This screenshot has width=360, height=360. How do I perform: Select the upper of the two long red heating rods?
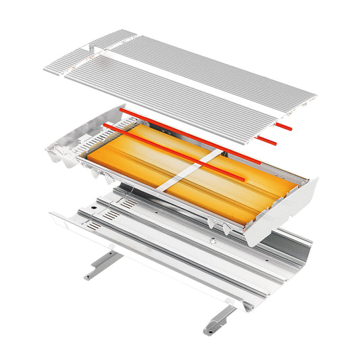189,135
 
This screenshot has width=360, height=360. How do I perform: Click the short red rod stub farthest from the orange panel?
283,126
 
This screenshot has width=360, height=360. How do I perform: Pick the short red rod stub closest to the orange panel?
267,140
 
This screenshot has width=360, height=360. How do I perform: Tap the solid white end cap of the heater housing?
284,209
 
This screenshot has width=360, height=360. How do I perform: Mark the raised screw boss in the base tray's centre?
211,241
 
